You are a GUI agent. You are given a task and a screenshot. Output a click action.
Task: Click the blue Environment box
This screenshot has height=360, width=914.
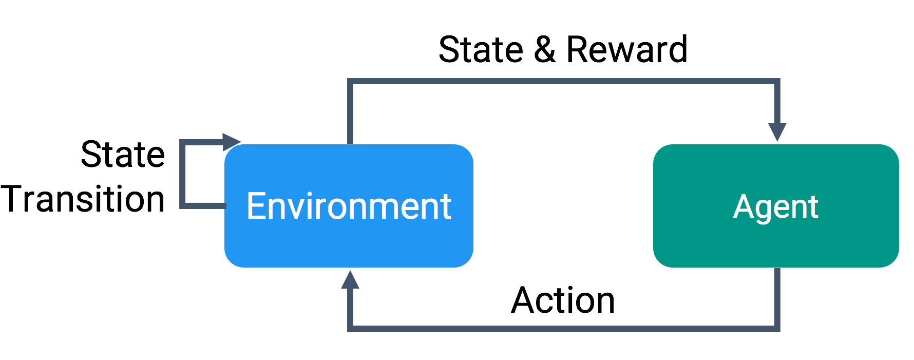[x=349, y=206]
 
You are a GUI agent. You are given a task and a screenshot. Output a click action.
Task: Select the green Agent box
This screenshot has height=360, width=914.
[x=776, y=206]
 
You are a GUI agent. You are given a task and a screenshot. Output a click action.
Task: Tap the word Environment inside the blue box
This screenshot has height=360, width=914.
[x=349, y=206]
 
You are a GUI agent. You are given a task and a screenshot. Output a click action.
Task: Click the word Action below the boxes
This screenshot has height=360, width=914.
[x=563, y=300]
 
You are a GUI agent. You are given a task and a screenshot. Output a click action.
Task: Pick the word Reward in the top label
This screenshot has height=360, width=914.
[x=627, y=50]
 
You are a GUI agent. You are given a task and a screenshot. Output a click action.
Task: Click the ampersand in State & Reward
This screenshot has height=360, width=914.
[x=545, y=50]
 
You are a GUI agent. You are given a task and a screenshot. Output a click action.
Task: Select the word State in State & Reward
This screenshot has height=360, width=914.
[x=481, y=50]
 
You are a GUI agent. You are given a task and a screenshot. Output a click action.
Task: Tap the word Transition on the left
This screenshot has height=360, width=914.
[x=83, y=199]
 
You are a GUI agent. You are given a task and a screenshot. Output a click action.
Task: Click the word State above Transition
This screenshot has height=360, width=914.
[x=123, y=154]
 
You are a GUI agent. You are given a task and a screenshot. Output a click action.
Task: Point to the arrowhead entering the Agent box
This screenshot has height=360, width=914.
[x=777, y=132]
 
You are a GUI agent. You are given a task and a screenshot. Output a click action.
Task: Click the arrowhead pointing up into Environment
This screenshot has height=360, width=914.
[x=350, y=279]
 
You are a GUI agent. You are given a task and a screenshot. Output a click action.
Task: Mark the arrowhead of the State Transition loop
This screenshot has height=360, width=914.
[x=232, y=142]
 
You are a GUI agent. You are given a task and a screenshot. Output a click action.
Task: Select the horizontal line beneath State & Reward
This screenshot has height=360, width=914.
[x=564, y=81]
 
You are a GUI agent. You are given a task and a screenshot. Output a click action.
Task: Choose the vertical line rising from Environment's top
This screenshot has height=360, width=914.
[x=350, y=111]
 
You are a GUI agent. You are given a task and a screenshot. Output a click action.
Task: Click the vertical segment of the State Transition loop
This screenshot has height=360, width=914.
[x=182, y=174]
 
